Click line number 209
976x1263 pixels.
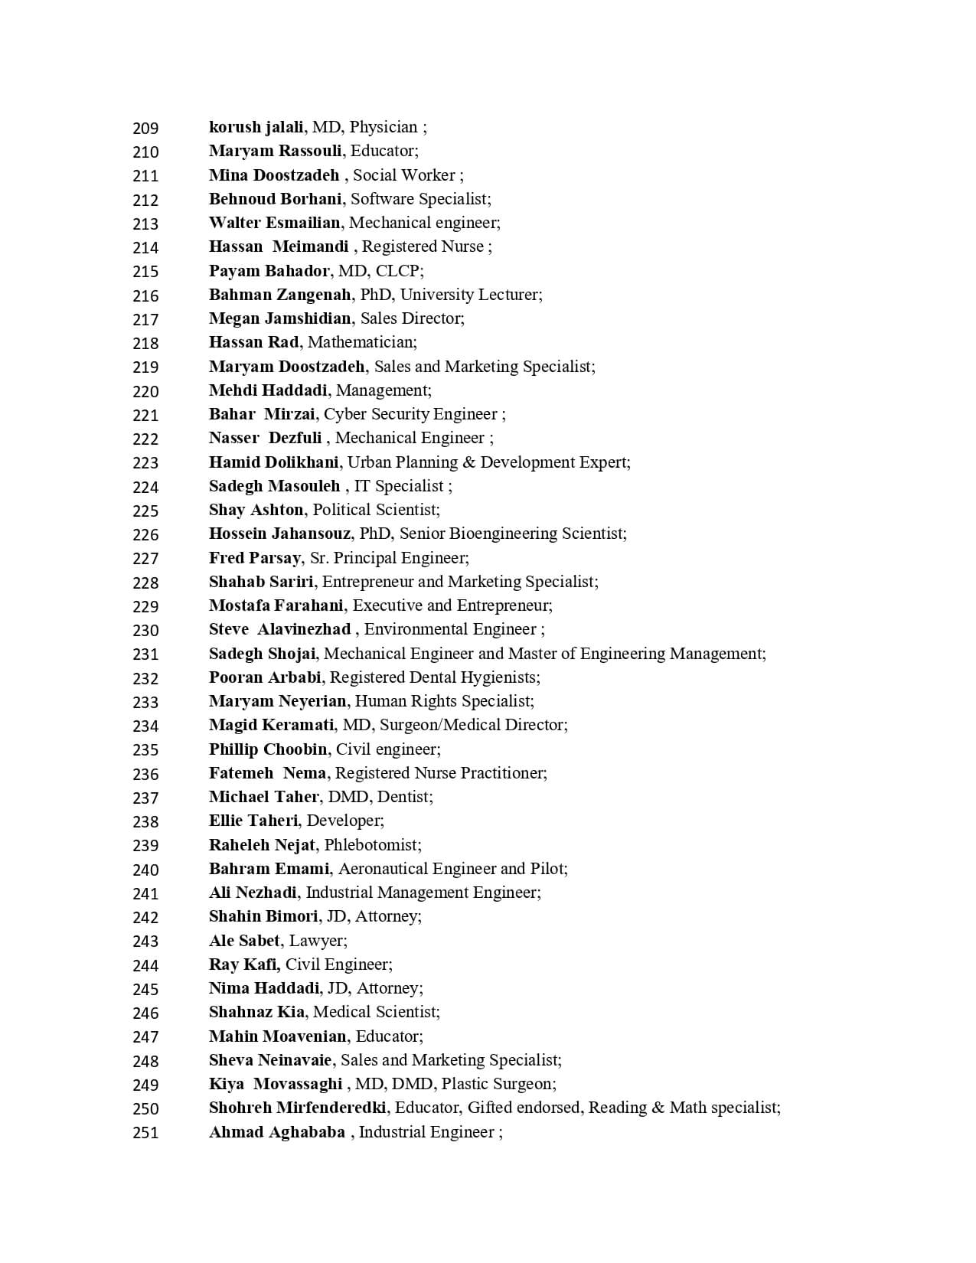click(145, 128)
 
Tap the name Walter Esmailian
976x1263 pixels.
click(274, 223)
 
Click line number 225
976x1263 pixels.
click(145, 511)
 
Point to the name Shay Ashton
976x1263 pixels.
click(256, 510)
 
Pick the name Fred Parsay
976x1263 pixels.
click(255, 558)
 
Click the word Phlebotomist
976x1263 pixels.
click(371, 845)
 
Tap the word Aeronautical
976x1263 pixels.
click(383, 869)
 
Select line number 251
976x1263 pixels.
click(145, 1133)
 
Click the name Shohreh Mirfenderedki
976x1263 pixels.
click(297, 1108)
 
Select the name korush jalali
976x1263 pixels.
click(256, 127)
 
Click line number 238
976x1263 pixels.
click(145, 821)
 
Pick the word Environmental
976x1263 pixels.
click(412, 629)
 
